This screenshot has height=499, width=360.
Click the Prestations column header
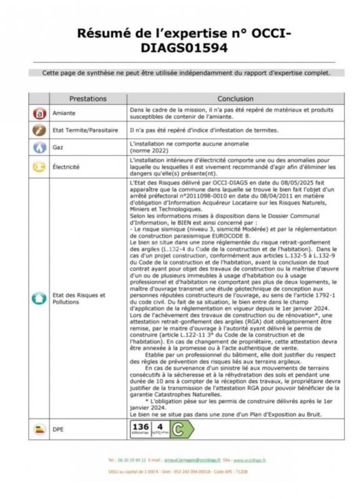point(87,99)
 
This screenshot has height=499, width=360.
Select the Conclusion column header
point(235,99)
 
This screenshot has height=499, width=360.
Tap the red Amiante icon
point(39,114)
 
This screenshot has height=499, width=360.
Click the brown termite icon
point(39,130)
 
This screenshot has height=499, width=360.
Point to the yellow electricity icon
point(39,167)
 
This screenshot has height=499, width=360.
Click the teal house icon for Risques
point(39,298)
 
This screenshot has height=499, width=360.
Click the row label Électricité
point(66,167)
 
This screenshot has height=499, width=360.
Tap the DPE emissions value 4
point(160,427)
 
